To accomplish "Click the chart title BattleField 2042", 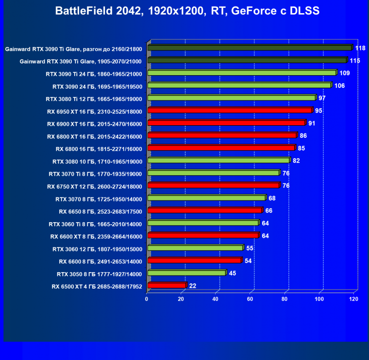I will coord(187,11).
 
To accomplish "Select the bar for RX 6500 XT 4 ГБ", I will coord(167,286).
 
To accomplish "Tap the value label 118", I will coord(360,48).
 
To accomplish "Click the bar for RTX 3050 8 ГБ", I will coord(186,273).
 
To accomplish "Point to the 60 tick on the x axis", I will coord(251,299).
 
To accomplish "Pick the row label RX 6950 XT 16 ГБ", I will coord(95,111).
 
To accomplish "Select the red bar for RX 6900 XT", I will coord(226,123).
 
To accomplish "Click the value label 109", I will coord(344,73).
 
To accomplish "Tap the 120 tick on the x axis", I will coord(354,299).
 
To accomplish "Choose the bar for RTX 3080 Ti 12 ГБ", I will coord(231,98).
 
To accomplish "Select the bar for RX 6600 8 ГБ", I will coord(194,261).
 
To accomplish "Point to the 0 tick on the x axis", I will coord(147,299).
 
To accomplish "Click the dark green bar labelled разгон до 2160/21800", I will coord(250,48).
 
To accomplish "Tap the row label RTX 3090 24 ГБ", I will coord(97,86).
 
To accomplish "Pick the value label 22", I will coord(193,286).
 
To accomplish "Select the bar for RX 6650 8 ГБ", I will coord(204,211).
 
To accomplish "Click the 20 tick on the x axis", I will coord(182,299).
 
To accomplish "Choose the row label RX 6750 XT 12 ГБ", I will coord(95,186).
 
